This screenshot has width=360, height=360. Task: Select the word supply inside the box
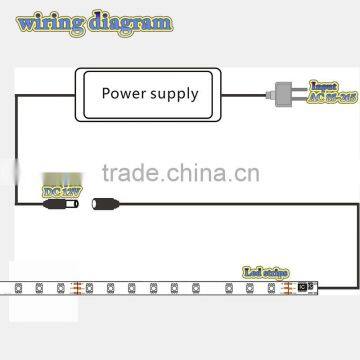pos(175,95)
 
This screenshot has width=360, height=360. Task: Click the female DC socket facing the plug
pos(100,206)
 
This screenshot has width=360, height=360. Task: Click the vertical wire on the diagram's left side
pos(17,150)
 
